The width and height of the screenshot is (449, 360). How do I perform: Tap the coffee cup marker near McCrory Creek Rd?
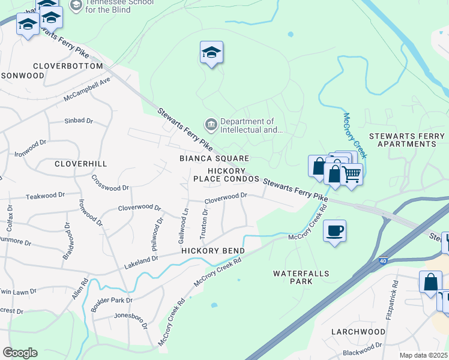(334, 230)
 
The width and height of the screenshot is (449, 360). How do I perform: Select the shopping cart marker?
(351, 175)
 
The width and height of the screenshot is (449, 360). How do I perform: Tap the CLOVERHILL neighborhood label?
(80, 163)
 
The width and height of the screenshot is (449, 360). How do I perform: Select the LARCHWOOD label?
(358, 332)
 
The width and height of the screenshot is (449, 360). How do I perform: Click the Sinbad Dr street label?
(79, 121)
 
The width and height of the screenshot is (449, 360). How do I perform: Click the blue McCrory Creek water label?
(355, 134)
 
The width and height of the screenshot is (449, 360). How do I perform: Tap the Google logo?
(20, 353)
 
